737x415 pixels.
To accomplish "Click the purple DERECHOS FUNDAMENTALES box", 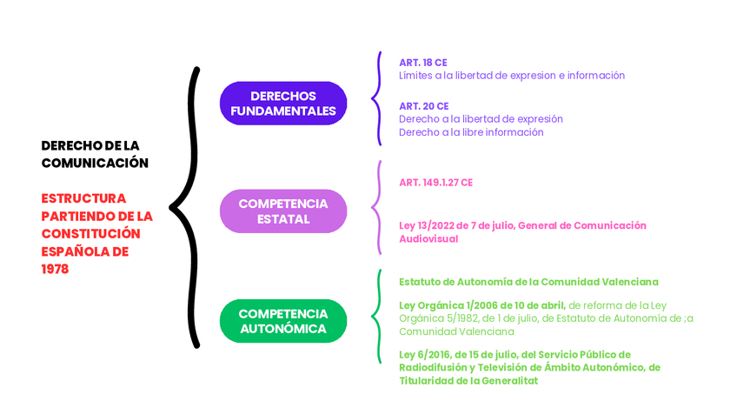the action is [x=283, y=104].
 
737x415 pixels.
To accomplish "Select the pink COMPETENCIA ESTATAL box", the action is [x=283, y=211].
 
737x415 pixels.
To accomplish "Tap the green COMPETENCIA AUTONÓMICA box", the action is [x=283, y=321].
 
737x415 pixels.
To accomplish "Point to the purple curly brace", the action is [x=377, y=98].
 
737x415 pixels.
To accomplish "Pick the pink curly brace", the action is [x=377, y=207].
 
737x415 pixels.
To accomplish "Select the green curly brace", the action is [x=377, y=316].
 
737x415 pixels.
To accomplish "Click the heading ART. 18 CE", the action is [x=423, y=63].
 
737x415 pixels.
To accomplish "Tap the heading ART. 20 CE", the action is [x=423, y=106].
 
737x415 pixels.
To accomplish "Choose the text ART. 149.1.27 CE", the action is [x=435, y=183].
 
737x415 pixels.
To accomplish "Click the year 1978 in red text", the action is [x=55, y=270].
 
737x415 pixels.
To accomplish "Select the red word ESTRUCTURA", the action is [x=83, y=198].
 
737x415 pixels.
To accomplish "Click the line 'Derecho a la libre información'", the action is [x=471, y=132].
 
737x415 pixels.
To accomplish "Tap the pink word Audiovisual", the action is [x=428, y=238].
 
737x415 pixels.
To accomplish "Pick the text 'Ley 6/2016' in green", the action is [x=423, y=355].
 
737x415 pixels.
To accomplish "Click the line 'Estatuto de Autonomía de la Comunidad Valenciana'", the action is [x=528, y=282].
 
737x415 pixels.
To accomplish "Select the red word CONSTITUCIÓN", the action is [x=90, y=234].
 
